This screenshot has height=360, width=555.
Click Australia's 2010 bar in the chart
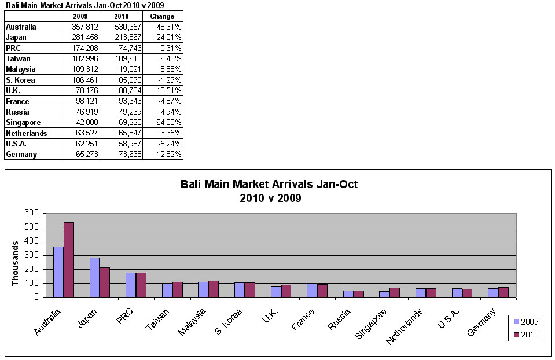pyautogui.click(x=69, y=260)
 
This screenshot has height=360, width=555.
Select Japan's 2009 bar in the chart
pyautogui.click(x=94, y=277)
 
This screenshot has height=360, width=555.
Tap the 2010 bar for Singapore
pyautogui.click(x=394, y=292)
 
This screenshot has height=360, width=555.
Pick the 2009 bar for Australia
pyautogui.click(x=58, y=272)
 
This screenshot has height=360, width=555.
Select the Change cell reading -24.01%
pyautogui.click(x=163, y=38)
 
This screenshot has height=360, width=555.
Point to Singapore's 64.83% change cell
pyautogui.click(x=163, y=123)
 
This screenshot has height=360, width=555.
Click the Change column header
pyautogui.click(x=162, y=16)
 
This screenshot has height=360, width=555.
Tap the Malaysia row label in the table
pyautogui.click(x=21, y=69)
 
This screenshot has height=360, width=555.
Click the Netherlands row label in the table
pyautogui.click(x=26, y=133)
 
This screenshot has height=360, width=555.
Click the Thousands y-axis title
pyautogui.click(x=16, y=263)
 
